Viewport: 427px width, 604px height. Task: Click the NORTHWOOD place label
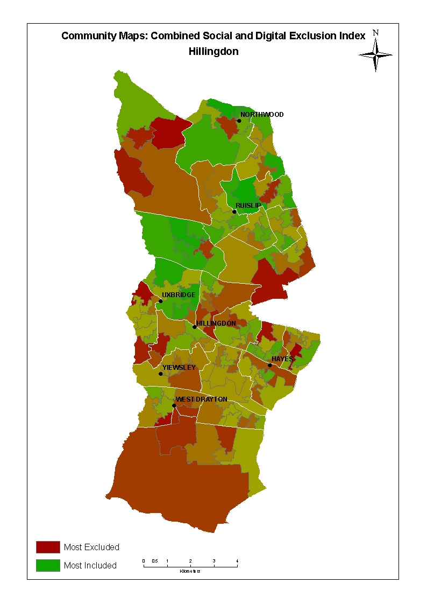coord(262,115)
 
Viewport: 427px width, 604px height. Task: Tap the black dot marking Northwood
coord(239,121)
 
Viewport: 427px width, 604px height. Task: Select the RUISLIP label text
coord(248,206)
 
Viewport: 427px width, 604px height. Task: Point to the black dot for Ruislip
coord(234,212)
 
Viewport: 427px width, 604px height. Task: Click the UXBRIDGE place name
coord(179,295)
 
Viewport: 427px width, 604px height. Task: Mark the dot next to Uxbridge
coord(160,301)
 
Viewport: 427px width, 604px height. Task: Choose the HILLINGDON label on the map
coord(216,323)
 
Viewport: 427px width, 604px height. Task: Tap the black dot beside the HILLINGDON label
coord(194,327)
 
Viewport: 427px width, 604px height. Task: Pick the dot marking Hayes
coord(270,365)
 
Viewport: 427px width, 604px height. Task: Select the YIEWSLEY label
coord(179,368)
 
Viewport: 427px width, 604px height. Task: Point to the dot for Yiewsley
coord(160,374)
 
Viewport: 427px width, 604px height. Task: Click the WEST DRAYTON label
coord(202,399)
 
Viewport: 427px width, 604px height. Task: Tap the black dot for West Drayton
coord(174,405)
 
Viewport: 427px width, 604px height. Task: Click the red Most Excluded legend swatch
coord(48,547)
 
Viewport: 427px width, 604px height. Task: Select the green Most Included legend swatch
coord(48,565)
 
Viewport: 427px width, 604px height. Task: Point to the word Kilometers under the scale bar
coord(190,571)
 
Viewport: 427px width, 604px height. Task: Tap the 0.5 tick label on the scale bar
coord(154,561)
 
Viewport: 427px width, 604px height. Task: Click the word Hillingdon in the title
coord(213,52)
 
